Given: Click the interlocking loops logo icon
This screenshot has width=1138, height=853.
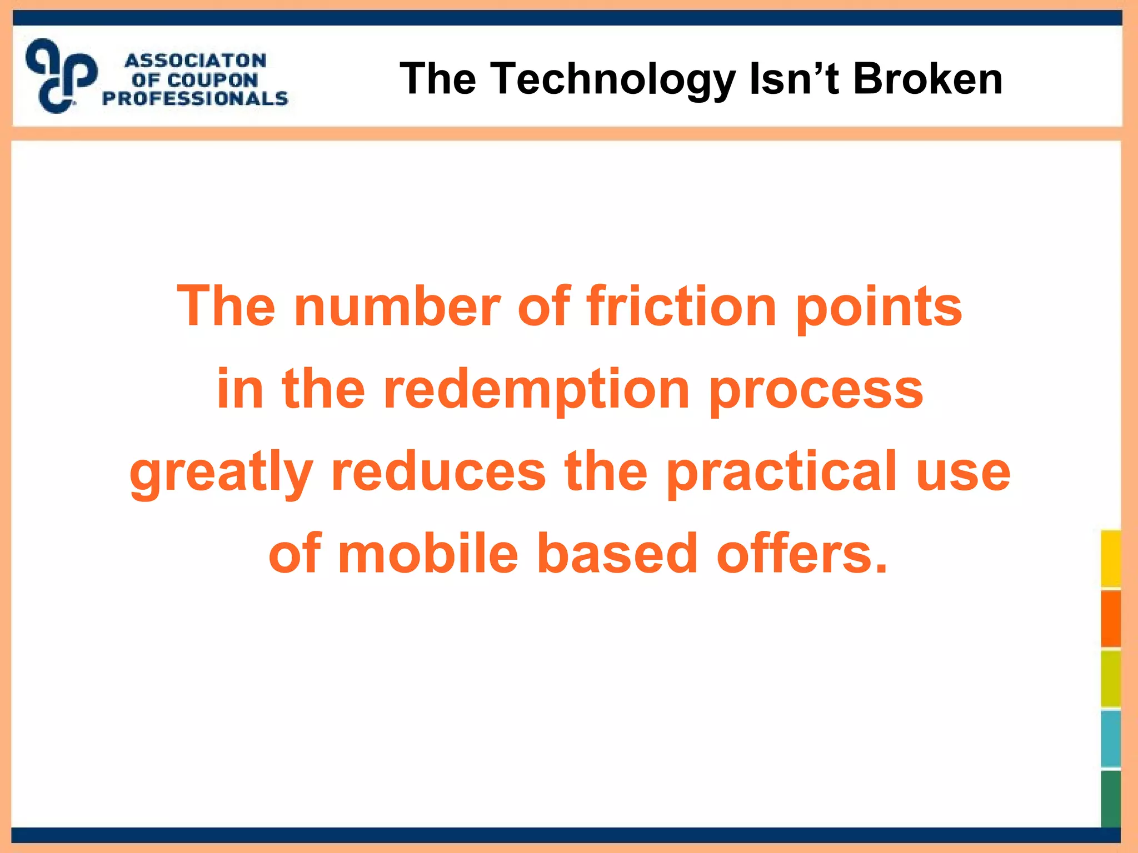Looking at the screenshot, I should pos(61,76).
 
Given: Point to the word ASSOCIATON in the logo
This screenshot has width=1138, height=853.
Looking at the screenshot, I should pos(196,61).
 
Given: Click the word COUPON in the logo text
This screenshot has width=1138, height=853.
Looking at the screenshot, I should pos(212,80).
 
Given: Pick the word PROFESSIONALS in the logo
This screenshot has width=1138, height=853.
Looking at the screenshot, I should pos(196,99).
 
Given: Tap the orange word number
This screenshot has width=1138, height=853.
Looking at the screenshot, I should pos(397,306).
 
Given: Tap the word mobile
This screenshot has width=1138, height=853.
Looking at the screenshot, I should pos(428,554).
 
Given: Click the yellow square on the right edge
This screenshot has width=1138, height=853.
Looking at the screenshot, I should pos(1111,559).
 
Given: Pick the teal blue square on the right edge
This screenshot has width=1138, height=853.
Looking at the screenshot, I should pos(1111,739).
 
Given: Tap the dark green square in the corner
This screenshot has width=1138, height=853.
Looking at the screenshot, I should pos(1111,799).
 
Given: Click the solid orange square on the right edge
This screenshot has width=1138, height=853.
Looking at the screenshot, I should pos(1111,619).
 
